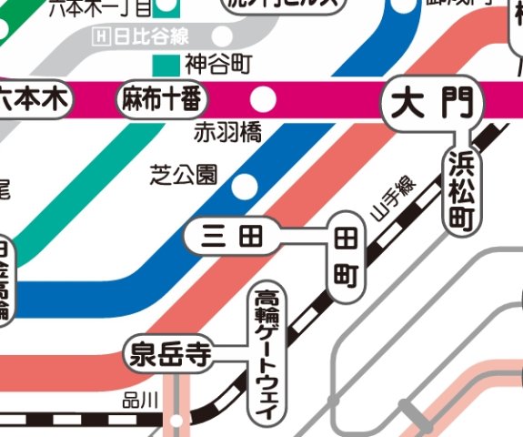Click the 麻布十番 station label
point(159,99)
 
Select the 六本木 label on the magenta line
point(34,99)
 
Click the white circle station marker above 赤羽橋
point(262,98)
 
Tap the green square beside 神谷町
point(166,65)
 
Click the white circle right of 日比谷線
point(222,37)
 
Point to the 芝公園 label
point(184,173)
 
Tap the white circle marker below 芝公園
point(244,187)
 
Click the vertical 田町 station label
point(346,257)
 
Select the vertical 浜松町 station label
point(460,189)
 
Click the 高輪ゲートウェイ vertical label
point(267,353)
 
